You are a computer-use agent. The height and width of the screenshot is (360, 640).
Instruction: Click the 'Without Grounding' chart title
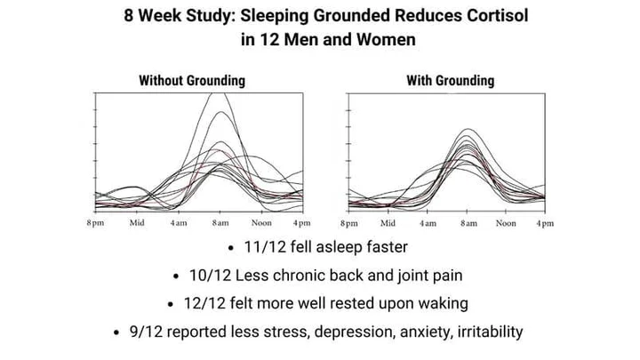(191, 81)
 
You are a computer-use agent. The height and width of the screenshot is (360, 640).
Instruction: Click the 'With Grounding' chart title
(451, 81)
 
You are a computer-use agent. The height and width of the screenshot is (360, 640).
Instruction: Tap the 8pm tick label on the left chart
(95, 222)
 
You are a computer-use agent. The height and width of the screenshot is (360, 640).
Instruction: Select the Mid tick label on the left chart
(137, 222)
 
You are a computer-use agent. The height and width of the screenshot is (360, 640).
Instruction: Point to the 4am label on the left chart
(178, 222)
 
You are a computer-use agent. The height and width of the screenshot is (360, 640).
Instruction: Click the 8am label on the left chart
(220, 222)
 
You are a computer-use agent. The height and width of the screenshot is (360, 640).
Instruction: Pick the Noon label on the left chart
(260, 222)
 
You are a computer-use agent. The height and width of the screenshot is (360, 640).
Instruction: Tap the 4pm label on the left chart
(301, 222)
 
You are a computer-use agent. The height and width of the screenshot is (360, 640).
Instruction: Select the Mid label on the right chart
(388, 223)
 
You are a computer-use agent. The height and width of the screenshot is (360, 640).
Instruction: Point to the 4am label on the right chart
(428, 223)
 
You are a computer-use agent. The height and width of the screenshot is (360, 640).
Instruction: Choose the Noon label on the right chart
(506, 223)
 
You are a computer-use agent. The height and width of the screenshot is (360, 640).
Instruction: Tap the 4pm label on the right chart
(544, 223)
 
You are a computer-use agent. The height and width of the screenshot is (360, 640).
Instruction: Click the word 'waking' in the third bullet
(439, 303)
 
